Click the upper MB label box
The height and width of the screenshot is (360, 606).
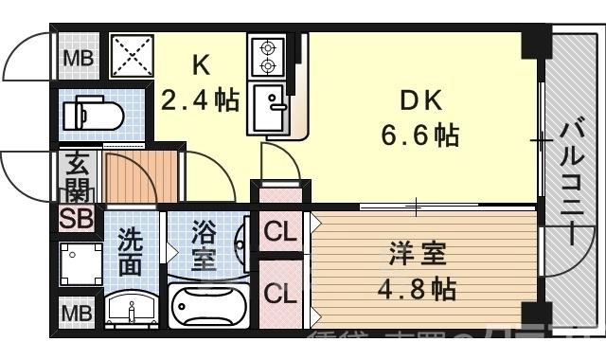(x=78, y=58)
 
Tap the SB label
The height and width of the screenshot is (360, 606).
(x=76, y=219)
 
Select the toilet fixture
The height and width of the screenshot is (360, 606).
(x=93, y=115)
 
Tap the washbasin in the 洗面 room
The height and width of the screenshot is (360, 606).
(x=132, y=309)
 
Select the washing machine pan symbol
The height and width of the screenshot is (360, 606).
(x=80, y=265)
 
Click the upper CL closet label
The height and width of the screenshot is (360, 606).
(x=278, y=230)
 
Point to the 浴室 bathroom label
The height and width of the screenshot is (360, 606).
(x=204, y=244)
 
